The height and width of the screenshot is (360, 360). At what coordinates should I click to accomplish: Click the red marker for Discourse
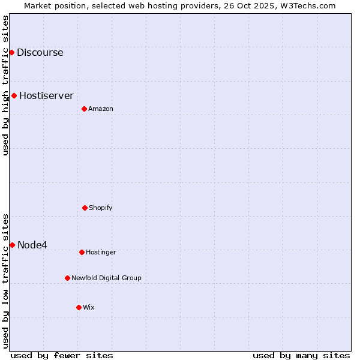(11, 52)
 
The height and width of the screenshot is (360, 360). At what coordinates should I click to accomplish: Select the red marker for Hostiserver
(14, 95)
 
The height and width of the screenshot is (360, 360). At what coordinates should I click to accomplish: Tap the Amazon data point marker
(84, 109)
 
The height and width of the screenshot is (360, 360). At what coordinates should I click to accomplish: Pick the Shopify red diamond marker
(85, 208)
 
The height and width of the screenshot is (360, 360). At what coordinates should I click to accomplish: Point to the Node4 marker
(12, 245)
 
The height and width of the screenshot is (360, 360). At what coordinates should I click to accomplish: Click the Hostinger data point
(82, 252)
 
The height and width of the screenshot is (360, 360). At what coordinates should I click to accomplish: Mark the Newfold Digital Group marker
(67, 278)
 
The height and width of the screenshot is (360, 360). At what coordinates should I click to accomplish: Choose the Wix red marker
(79, 307)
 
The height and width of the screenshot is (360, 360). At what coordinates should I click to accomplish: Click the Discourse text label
(40, 52)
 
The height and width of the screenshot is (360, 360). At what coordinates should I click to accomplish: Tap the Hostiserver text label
(46, 95)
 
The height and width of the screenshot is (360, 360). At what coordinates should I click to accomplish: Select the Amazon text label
(101, 109)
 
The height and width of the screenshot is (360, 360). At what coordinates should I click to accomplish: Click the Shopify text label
(101, 208)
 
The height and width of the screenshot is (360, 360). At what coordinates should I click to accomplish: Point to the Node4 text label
(32, 245)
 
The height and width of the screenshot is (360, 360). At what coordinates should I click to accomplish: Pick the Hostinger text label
(101, 252)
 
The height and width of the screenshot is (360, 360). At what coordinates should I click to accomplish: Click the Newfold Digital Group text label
(106, 278)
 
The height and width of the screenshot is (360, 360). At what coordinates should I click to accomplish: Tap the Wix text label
(89, 307)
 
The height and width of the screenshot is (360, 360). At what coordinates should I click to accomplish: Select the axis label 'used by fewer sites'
(62, 355)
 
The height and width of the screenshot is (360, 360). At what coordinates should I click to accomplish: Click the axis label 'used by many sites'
(301, 355)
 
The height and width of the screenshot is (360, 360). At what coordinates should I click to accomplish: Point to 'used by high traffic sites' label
(5, 85)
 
